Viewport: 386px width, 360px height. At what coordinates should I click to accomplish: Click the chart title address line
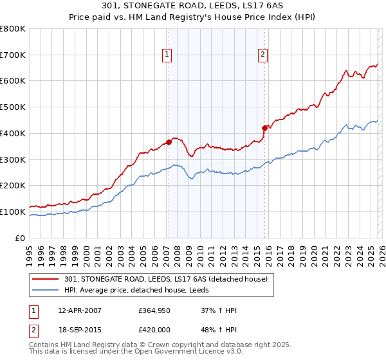(x=193, y=5)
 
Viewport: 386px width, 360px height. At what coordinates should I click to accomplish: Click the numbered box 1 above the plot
(x=167, y=55)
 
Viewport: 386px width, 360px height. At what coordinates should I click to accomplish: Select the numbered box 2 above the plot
(x=263, y=55)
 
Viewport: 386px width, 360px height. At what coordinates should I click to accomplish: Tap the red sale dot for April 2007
(x=169, y=142)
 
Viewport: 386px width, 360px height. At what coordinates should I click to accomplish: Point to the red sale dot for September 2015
(x=264, y=127)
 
